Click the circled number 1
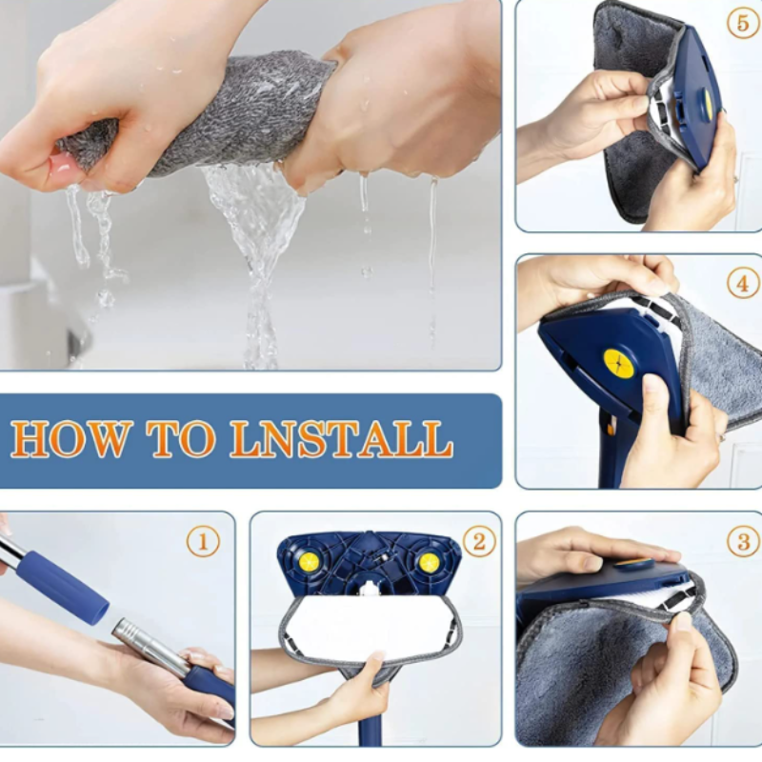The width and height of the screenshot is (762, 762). pos(203,542)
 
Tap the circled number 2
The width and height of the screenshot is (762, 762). pos(479,542)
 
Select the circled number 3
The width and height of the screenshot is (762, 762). pos(743,542)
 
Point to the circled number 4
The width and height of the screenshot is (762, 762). pos(743,283)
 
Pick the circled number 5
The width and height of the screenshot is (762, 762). pos(743,23)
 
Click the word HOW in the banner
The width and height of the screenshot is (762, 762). pos(71,439)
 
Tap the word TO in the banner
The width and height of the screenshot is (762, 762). pos(181,439)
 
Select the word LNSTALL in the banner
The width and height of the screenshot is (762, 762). pos(342,439)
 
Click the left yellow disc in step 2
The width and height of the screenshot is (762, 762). pos(309,562)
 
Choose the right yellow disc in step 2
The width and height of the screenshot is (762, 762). pos(430,563)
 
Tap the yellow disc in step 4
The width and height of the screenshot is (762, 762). pos(618,364)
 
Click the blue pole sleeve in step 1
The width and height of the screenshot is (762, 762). pos(62,587)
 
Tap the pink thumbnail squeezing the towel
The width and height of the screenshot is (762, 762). pos(62,165)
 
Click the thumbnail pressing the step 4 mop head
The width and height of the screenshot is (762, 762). pos(652,385)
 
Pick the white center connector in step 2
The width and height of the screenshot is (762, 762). pos(370,589)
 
